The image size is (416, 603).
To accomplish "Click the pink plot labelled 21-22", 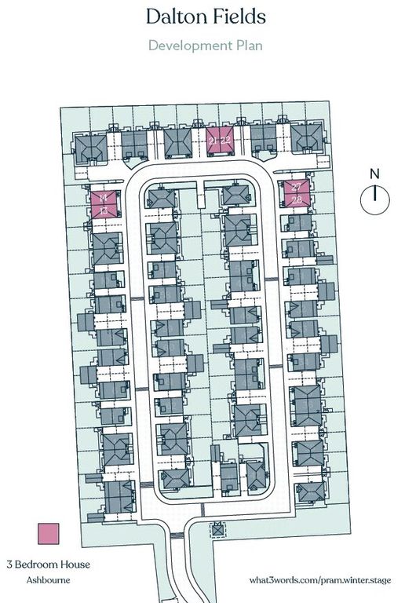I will [x=221, y=140].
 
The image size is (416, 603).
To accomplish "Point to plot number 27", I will [x=297, y=187].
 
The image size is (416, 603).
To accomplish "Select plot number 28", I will [x=297, y=200].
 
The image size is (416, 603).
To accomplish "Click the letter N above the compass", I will [x=375, y=174].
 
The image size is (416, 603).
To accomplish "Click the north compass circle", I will [x=375, y=198].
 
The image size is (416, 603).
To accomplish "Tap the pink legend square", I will [x=49, y=534].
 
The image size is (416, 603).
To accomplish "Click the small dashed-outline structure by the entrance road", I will [x=217, y=532].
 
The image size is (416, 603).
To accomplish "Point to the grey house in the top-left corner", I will [x=90, y=145].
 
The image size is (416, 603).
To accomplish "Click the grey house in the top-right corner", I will [x=305, y=139].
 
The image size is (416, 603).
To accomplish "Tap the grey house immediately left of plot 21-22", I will [x=177, y=143].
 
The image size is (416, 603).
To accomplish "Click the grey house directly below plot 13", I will [x=105, y=245].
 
